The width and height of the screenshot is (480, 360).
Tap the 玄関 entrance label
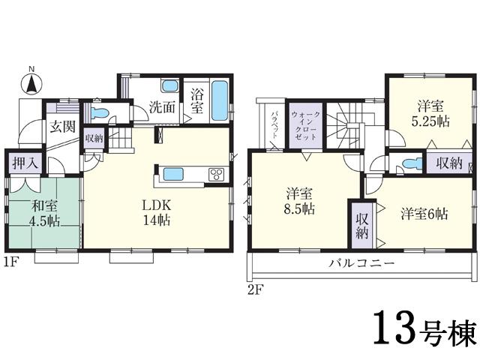pos(63,126)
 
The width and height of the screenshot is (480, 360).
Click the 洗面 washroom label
pos(161,106)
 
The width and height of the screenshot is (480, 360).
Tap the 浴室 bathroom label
pos(196,101)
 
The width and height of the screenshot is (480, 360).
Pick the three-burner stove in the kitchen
pos(215,175)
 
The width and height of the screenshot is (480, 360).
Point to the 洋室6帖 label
pos(423,212)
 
